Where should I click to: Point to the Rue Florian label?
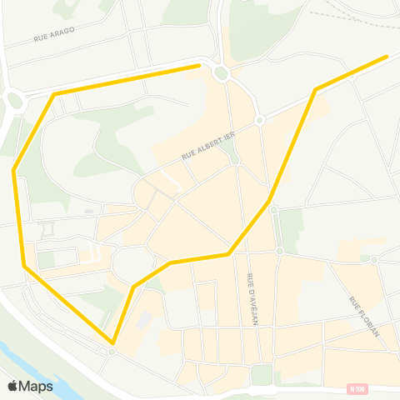coord(364,316)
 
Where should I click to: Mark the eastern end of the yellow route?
coord(387,57)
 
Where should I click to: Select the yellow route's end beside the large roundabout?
coord(200,65)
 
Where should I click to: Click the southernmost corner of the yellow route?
coord(112,342)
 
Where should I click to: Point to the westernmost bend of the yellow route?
coord(14,170)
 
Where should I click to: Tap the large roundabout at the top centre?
coord(221,73)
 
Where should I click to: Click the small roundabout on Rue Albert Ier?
coord(260,121)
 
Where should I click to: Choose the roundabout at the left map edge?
coord(14,102)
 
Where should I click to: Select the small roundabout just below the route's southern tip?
coord(111,352)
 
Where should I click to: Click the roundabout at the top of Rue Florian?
coord(374,260)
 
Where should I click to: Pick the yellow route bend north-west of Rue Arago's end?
coord(55,94)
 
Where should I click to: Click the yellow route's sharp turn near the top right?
coord(315,89)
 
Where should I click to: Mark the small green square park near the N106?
coord(262,374)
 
